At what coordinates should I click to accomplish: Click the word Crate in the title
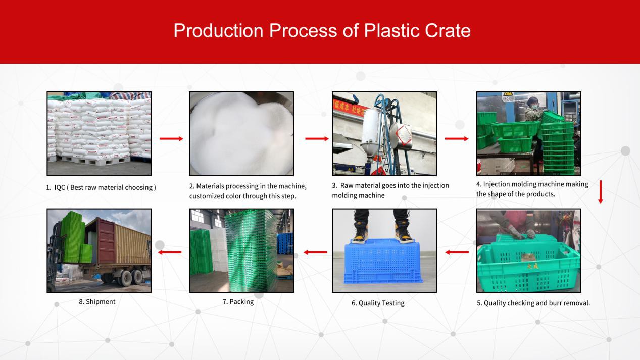[448, 31]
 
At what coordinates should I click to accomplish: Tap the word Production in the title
[218, 31]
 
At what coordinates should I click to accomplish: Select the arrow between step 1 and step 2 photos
[171, 139]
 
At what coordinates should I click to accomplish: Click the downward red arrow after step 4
[601, 192]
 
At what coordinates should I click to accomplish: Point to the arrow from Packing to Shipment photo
[170, 252]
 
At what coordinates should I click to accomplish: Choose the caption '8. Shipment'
[97, 302]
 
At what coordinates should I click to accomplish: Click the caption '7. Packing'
[238, 302]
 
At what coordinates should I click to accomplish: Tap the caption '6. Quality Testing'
[378, 303]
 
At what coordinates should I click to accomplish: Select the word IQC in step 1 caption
[60, 187]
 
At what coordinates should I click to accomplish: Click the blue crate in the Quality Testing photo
[383, 262]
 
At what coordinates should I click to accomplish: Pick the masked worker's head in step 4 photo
[532, 103]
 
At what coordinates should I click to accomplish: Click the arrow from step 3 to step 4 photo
[457, 139]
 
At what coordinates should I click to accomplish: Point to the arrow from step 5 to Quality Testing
[457, 252]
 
